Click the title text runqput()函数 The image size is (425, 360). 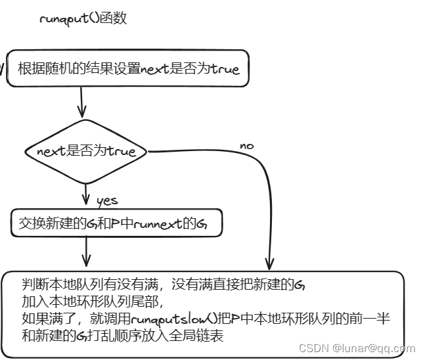point(83,18)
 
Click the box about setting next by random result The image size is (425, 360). point(128,69)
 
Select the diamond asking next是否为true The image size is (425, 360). point(86,152)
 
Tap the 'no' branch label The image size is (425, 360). point(246,145)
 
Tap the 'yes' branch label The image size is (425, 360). point(106,200)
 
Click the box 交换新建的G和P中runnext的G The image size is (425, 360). point(116,224)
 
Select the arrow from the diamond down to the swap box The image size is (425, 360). point(85,194)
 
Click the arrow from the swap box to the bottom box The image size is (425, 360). point(86,252)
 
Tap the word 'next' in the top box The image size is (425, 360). point(154,69)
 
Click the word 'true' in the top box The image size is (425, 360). point(225,69)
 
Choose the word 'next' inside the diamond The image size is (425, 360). point(51,152)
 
